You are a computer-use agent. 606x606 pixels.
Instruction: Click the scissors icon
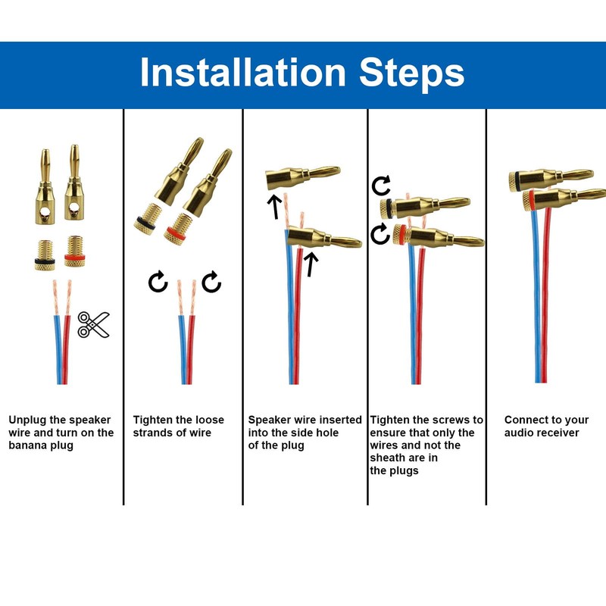(93, 325)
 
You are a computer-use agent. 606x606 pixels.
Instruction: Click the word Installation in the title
(242, 72)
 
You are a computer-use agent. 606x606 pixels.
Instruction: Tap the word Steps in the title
(411, 73)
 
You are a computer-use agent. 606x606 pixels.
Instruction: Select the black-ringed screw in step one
(45, 255)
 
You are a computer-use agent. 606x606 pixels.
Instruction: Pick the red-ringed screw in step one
(74, 251)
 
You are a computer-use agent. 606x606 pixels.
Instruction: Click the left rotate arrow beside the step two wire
(158, 281)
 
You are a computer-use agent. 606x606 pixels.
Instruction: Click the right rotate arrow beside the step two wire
(211, 281)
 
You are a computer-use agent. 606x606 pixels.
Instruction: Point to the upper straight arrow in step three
(274, 207)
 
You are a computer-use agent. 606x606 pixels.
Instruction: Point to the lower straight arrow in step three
(311, 264)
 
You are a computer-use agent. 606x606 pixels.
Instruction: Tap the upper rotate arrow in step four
(381, 186)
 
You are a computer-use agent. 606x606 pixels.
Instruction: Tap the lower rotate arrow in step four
(380, 234)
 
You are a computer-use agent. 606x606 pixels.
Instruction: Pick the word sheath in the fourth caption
(387, 458)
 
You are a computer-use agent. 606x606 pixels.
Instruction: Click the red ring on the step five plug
(532, 200)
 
